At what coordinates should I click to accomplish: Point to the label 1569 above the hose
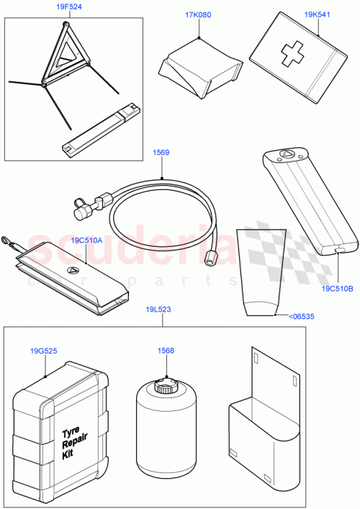161,152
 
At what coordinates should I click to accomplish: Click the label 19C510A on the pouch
86,242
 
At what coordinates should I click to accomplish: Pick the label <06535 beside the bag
301,315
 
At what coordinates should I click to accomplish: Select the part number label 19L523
159,309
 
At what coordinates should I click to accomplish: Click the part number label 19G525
45,351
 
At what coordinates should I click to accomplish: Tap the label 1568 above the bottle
166,351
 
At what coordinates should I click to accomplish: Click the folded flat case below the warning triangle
101,130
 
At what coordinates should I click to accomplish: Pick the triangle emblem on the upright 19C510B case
286,153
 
